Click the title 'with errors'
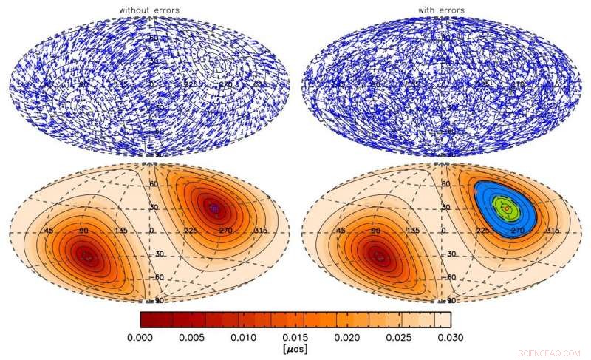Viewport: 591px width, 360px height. pyautogui.click(x=442, y=10)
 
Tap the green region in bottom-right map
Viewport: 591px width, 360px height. pyautogui.click(x=505, y=203)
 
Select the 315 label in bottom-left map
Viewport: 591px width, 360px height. pyautogui.click(x=258, y=231)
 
